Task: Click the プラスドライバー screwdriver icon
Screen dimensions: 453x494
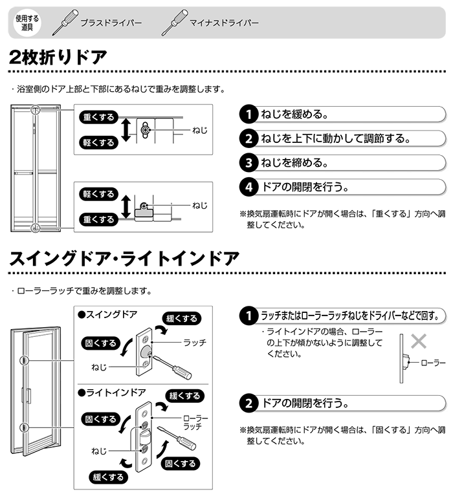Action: [65, 22]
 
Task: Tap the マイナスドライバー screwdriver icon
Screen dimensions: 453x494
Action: [174, 22]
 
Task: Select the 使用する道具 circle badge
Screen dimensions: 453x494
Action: [27, 23]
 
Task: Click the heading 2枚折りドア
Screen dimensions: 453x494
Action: [58, 58]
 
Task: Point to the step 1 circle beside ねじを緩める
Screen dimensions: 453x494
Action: [249, 114]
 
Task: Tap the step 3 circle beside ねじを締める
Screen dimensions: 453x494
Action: [249, 162]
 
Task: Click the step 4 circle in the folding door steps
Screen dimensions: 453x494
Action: [249, 187]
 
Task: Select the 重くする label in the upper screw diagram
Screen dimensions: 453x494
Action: [98, 117]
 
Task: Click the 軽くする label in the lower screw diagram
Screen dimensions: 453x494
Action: [98, 194]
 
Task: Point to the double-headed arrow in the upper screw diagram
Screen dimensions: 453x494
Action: [126, 130]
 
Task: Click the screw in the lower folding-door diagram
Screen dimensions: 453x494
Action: [144, 206]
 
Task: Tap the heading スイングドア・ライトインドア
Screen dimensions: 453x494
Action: [124, 259]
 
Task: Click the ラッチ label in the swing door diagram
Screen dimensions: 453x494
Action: [195, 342]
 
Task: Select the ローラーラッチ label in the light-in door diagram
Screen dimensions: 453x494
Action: [195, 422]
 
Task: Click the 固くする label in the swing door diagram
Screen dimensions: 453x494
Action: [100, 343]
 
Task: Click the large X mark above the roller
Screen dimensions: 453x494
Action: [419, 341]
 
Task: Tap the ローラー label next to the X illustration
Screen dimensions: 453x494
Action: [433, 363]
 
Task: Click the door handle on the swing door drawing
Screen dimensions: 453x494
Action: [27, 396]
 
